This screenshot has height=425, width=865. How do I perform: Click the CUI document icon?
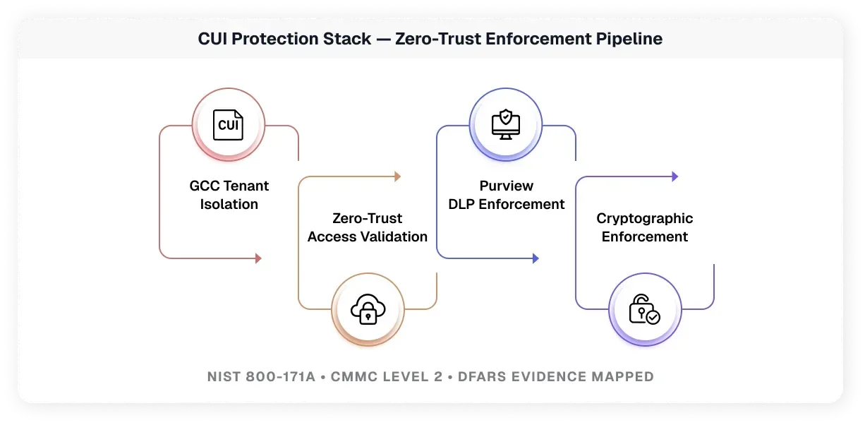coord(229,125)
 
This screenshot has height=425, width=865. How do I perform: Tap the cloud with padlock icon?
coord(368,309)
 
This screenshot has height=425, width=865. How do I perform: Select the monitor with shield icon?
coord(506,125)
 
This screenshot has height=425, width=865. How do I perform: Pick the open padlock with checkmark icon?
coord(644,309)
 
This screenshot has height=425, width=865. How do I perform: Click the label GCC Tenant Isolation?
coord(229,195)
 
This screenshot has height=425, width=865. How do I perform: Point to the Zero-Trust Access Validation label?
coord(368,227)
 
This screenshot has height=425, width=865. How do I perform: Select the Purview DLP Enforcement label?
coord(507,195)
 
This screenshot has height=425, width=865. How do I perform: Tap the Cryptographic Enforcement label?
coord(645,227)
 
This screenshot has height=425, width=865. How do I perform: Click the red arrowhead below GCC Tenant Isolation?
coord(258,258)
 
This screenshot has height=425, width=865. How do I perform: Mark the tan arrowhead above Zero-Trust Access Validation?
coord(397,176)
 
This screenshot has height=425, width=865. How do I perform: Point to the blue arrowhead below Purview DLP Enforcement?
coord(536,258)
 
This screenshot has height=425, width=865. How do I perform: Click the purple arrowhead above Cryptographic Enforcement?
coord(675,176)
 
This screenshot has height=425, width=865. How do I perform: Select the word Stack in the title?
coord(349,39)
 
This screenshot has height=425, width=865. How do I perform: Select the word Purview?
coord(507,186)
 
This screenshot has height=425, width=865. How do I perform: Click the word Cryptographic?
coord(645,219)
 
